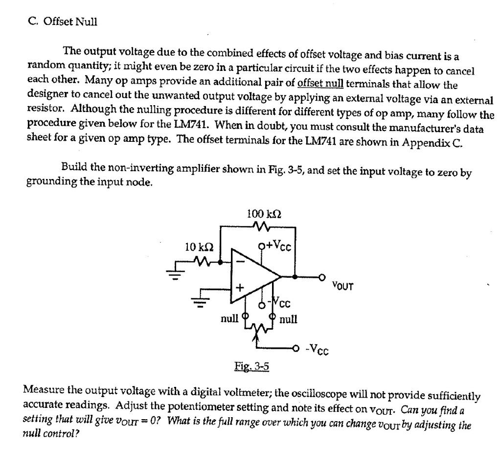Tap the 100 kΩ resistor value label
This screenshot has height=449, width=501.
(x=264, y=214)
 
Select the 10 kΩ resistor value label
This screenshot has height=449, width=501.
(x=198, y=246)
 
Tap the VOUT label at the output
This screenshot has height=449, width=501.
(x=342, y=285)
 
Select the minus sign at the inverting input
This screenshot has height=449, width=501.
(x=240, y=262)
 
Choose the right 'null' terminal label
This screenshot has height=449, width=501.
(x=288, y=319)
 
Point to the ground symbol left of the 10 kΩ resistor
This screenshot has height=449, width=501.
(x=175, y=275)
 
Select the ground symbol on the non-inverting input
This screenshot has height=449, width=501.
(x=201, y=304)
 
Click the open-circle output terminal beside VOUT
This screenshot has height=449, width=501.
(x=322, y=277)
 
